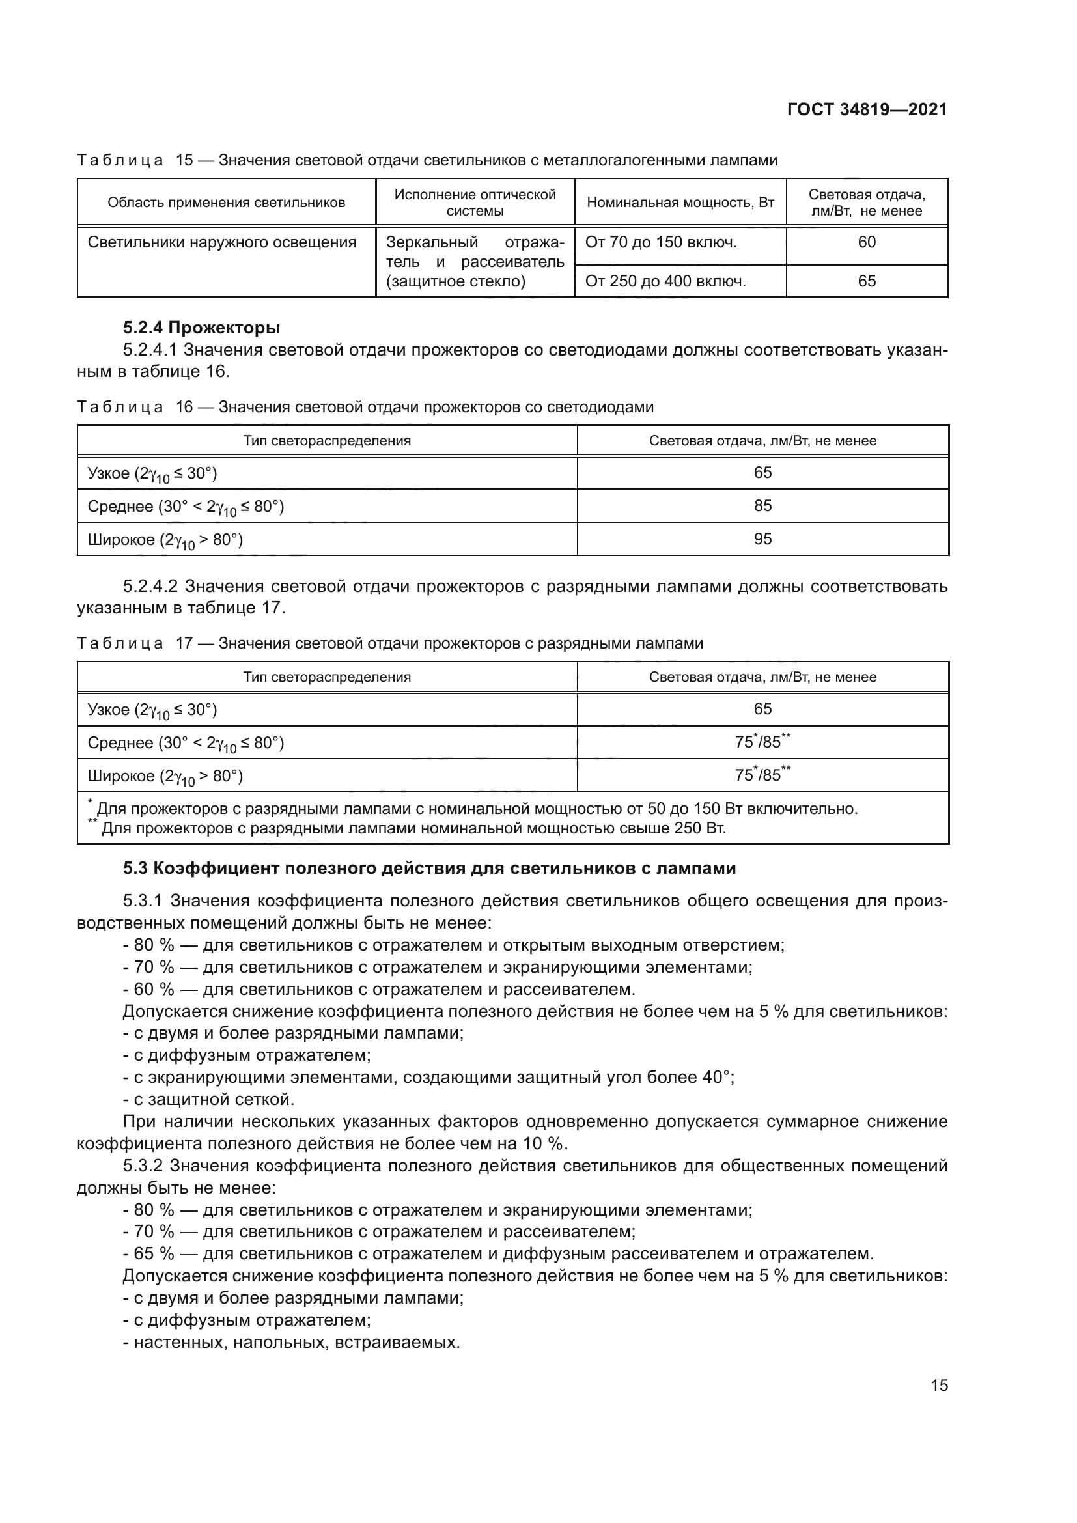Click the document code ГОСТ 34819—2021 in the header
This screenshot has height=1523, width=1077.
(867, 110)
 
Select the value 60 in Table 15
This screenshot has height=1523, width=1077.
(866, 242)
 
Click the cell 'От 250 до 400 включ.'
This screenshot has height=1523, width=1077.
(665, 281)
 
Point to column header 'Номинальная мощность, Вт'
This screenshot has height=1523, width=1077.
(680, 203)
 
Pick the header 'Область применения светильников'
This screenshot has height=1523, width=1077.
(226, 203)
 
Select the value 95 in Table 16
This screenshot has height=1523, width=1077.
(762, 538)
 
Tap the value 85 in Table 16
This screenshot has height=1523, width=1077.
(762, 505)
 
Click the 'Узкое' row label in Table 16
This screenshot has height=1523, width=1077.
(152, 473)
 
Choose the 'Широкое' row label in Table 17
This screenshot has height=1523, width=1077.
(165, 776)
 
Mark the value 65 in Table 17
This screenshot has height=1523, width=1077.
(762, 709)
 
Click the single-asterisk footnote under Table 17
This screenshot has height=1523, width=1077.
(472, 809)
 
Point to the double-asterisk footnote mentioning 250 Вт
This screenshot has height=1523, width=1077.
(407, 828)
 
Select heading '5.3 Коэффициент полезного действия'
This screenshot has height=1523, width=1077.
(429, 869)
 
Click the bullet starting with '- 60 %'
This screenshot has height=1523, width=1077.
(379, 990)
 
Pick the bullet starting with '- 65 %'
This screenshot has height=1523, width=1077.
(498, 1253)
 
